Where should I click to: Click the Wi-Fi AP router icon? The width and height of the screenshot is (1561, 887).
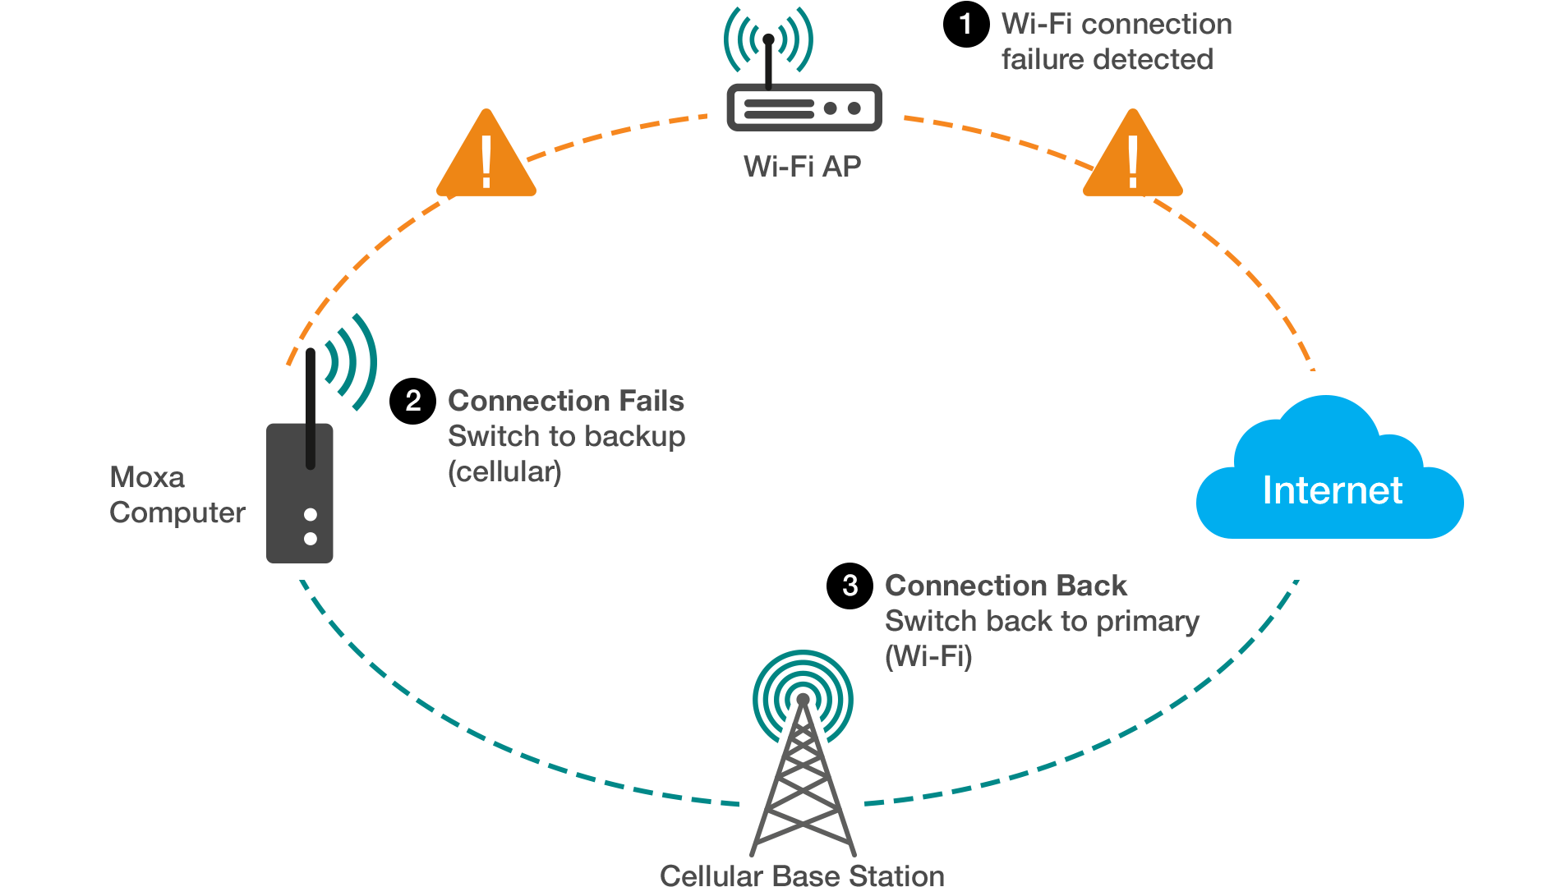tap(804, 107)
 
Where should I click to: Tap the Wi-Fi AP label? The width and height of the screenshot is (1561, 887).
tap(802, 167)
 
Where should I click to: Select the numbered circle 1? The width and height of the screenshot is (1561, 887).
tap(965, 24)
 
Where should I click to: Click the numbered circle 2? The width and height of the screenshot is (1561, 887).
tap(412, 401)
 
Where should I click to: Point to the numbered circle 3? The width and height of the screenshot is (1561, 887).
tap(850, 586)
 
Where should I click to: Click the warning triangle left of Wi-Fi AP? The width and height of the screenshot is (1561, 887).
tap(486, 158)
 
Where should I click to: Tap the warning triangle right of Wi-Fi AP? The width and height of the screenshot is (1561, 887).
tap(1133, 158)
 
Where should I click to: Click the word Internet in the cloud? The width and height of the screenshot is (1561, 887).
tap(1332, 490)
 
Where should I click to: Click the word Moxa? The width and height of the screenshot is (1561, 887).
tap(147, 477)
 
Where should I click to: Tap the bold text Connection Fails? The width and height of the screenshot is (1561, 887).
tap(565, 401)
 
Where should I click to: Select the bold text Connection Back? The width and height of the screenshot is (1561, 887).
tap(1006, 586)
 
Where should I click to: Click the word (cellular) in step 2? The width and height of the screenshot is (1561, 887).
tap(504, 472)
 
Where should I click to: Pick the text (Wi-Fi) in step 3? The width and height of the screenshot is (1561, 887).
tap(928, 656)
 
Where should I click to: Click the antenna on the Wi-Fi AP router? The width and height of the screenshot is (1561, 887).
tap(769, 62)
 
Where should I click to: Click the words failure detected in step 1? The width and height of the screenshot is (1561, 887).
tap(1107, 59)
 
